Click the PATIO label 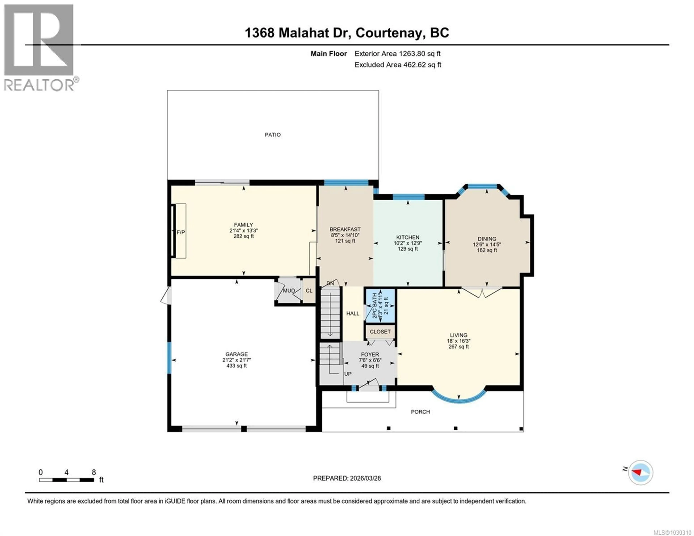coord(273,135)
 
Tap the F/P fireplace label coord(181,232)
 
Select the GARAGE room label coord(236,354)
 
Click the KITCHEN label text coord(408,237)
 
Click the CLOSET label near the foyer coord(380,331)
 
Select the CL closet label coord(309,290)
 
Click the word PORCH coord(420,412)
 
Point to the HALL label coord(353,313)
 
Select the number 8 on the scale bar coord(94,472)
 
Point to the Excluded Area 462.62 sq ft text coord(398,65)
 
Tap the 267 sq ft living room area coord(459,347)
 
